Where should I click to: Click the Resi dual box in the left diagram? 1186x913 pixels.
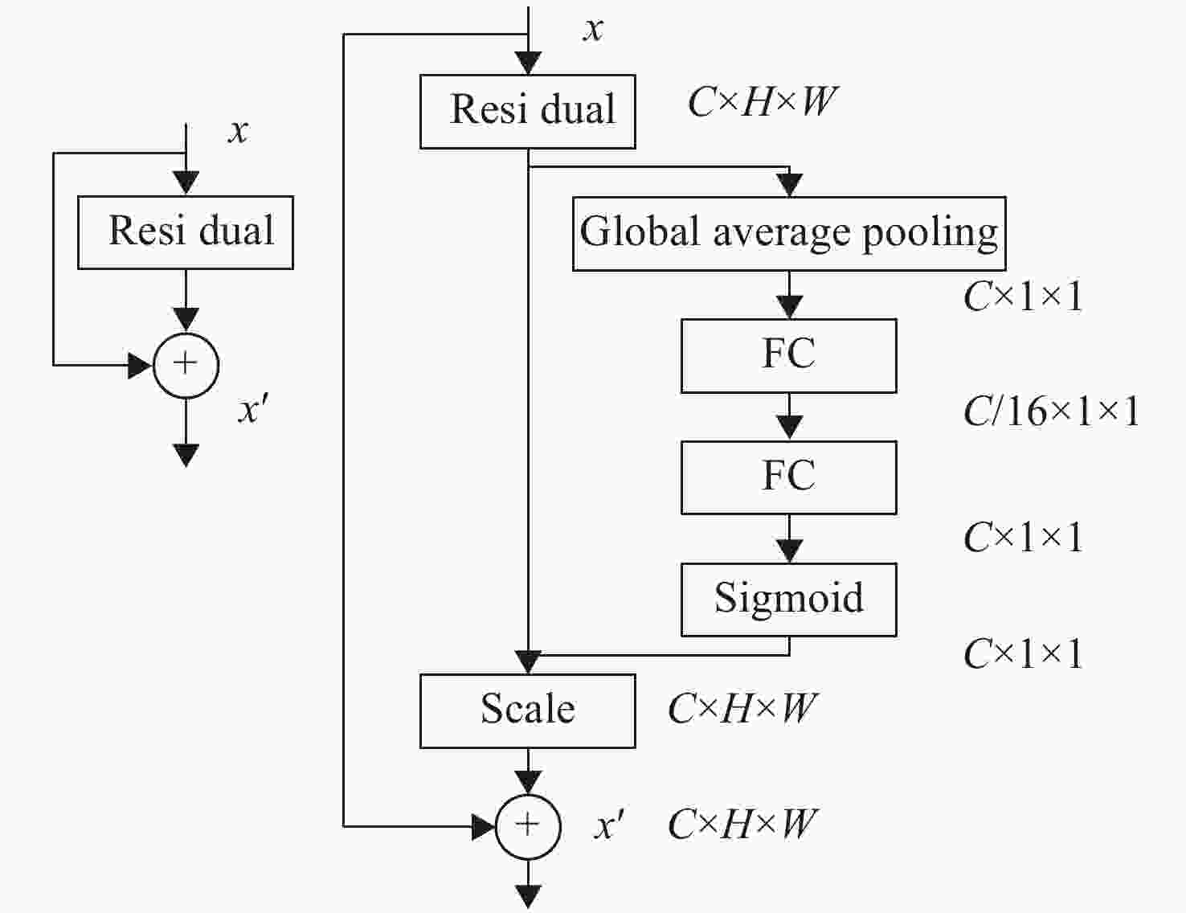coord(186,232)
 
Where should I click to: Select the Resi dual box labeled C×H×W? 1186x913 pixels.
coord(528,112)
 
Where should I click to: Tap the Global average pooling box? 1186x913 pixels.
coord(789,234)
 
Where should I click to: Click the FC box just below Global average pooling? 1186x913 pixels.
coord(789,356)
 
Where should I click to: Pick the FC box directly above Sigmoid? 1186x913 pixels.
coord(789,477)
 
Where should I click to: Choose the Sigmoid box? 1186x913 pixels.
coord(789,600)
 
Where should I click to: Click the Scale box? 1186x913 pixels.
coord(528,711)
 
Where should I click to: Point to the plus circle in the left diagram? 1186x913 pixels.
coord(186,365)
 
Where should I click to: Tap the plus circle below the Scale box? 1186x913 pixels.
coord(528,827)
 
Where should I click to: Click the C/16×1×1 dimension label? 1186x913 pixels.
coord(1052,411)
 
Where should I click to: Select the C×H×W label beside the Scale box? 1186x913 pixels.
coord(742,709)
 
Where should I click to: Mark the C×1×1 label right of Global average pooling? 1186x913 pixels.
coord(1024,297)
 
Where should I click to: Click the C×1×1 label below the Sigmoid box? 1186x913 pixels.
coord(1024,653)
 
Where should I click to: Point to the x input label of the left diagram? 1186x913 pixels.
coord(238,132)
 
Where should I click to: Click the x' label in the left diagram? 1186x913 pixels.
coord(252,411)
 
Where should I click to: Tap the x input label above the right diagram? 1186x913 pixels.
coord(593,29)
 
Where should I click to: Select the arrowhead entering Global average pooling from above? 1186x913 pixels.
coord(789,185)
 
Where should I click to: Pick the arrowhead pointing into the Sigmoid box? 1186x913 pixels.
coord(789,551)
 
